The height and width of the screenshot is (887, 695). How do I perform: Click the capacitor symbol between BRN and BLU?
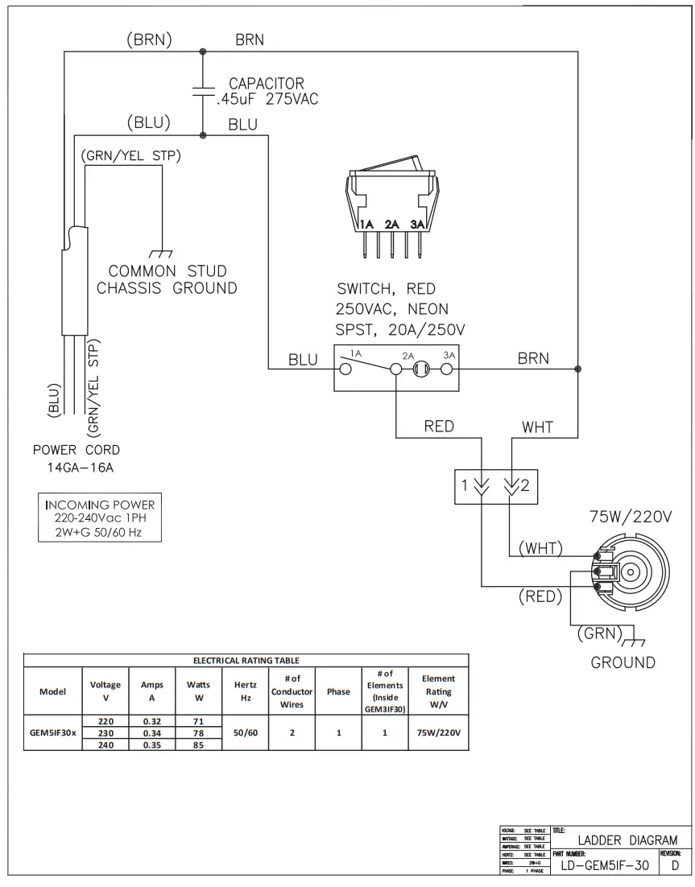(202, 92)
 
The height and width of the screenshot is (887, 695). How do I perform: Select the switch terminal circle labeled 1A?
(345, 369)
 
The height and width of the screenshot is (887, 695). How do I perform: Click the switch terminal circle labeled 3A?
(446, 369)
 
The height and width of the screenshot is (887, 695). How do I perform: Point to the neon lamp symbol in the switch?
(420, 369)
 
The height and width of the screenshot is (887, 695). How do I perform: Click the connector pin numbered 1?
(481, 486)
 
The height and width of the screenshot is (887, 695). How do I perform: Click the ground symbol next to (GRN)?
(635, 642)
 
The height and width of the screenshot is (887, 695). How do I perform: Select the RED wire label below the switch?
(438, 427)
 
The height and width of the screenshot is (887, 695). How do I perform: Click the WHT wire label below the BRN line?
(537, 427)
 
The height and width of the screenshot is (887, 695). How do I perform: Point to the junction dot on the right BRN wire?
(577, 369)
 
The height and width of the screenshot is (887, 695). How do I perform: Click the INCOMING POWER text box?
(99, 517)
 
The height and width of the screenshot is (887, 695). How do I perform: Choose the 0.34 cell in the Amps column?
(152, 733)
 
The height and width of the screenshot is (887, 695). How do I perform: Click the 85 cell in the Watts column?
(199, 745)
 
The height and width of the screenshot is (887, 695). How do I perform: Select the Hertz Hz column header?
(246, 691)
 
